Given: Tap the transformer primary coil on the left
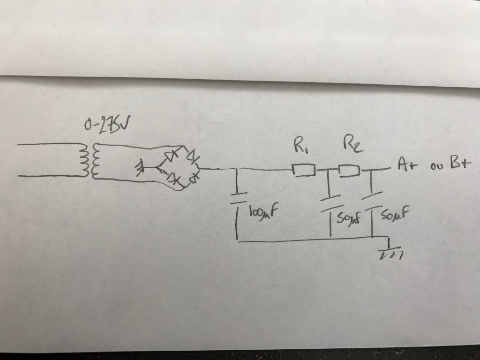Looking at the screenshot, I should pos(85,159).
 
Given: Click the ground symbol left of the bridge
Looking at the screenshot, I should pos(139,167).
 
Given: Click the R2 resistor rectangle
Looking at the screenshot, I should pos(349,170).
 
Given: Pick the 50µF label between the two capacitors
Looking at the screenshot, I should pos(347,217).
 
